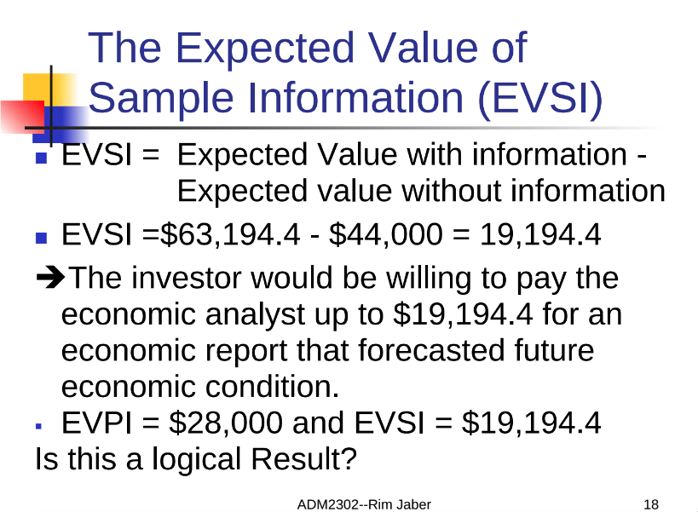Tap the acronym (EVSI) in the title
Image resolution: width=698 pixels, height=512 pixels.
coord(540,98)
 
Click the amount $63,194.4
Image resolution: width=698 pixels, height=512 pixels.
coord(230,234)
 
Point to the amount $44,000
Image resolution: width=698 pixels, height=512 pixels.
coord(386,234)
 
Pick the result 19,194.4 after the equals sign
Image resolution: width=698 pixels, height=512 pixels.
coord(540,234)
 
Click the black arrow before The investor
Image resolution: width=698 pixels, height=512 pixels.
coord(50,277)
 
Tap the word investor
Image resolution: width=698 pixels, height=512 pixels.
coord(187,278)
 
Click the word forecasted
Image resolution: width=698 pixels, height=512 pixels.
coord(431,350)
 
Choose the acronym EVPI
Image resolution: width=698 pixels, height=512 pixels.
coord(96,423)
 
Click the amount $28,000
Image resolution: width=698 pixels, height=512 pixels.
coord(226,423)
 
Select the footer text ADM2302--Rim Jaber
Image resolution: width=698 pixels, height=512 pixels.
coord(364,505)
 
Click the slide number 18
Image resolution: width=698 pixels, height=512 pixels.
coord(651,505)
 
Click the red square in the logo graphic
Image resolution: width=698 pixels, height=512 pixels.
coord(22,117)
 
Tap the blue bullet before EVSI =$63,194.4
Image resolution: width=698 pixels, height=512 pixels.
coord(41,238)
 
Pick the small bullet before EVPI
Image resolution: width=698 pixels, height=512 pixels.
coord(38,426)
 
